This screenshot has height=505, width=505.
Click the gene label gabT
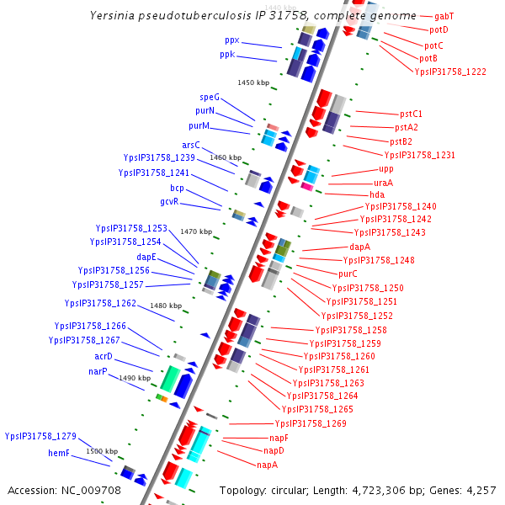click(x=444, y=16)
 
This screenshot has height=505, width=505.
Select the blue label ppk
click(x=227, y=55)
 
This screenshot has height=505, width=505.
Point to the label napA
click(x=268, y=465)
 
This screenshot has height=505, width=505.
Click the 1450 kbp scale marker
click(x=253, y=82)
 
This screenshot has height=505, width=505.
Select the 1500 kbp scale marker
click(x=101, y=451)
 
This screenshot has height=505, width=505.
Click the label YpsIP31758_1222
click(x=450, y=72)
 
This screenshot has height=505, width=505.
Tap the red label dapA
click(x=359, y=247)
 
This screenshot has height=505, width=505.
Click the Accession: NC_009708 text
click(x=65, y=490)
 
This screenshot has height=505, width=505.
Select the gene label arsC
click(x=191, y=145)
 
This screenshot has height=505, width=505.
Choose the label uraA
click(x=383, y=183)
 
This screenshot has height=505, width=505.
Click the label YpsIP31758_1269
click(x=311, y=423)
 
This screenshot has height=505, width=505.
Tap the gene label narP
click(x=98, y=371)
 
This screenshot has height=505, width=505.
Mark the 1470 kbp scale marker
click(x=196, y=231)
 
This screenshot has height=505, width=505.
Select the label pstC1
click(x=411, y=114)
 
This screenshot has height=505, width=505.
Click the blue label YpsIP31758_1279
click(x=40, y=436)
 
